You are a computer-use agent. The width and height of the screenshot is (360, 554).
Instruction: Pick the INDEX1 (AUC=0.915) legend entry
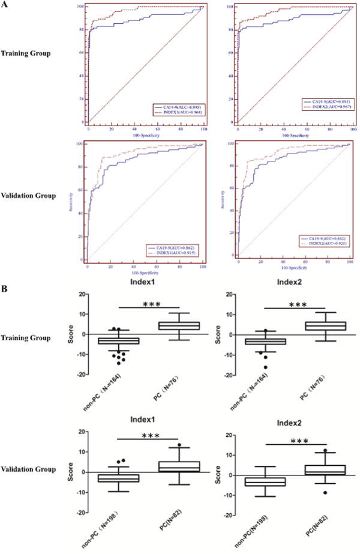tap(176, 253)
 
